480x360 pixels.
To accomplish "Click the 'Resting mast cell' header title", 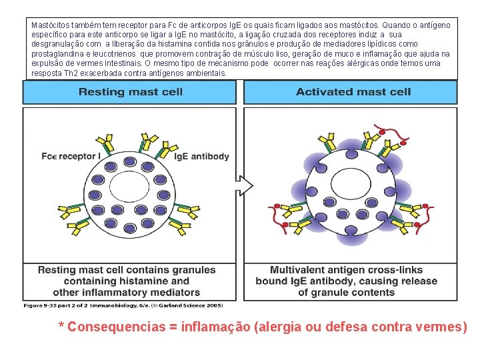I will coord(130,92).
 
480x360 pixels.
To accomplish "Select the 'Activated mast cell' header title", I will coord(353,92).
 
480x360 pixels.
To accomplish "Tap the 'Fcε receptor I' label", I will coord(70,157).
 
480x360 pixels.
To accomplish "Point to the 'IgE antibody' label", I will coord(201,157).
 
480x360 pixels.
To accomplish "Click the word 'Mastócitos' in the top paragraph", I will coord(51,25).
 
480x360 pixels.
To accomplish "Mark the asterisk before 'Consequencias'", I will coord(61,326).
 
